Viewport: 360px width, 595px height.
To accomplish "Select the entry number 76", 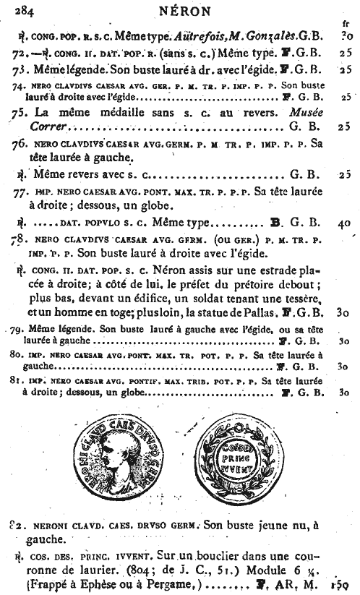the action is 20,145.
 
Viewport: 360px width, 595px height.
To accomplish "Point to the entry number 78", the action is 20,239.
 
